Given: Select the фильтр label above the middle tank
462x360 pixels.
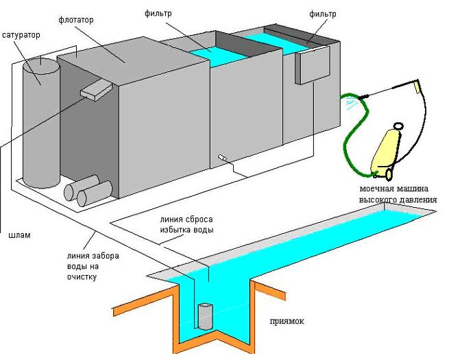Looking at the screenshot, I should point(160,13).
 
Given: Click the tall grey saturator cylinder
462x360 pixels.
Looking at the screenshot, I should point(40,123).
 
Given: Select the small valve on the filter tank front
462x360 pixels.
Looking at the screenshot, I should point(223,158).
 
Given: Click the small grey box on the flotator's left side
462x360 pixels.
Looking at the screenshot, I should point(96,89).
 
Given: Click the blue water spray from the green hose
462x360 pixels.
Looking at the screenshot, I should point(352,105).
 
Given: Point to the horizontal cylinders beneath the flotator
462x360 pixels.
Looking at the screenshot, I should point(88,191).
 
